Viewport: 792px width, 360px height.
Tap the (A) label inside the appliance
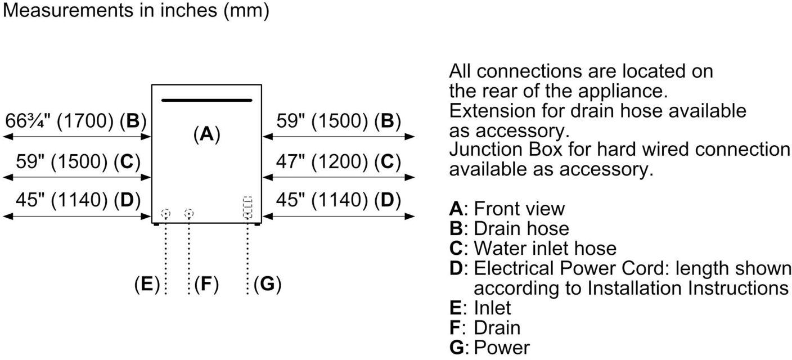[x=206, y=134]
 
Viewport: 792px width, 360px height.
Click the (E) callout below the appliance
[x=147, y=284]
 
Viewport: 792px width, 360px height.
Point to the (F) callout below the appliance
[x=206, y=284]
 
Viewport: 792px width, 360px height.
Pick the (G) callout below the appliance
[x=267, y=284]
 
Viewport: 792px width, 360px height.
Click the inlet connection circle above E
[x=165, y=214]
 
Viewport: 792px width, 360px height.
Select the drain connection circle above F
[x=189, y=214]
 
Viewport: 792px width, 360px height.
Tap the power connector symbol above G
[x=247, y=208]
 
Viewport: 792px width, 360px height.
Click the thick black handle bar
[x=206, y=101]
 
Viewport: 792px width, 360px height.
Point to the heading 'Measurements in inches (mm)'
[x=136, y=10]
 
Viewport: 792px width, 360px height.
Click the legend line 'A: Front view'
[x=507, y=209]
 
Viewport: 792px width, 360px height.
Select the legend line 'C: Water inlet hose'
[x=533, y=248]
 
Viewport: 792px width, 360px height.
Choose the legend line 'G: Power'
[x=489, y=347]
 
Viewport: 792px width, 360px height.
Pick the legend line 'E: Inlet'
[x=480, y=308]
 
